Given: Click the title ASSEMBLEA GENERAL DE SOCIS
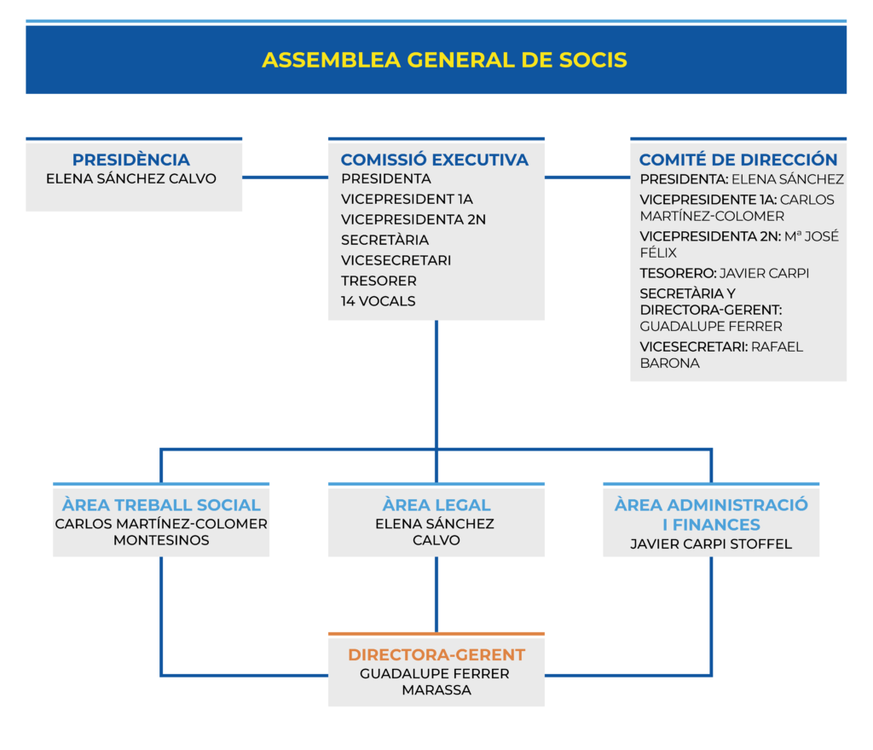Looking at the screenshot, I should (x=444, y=60).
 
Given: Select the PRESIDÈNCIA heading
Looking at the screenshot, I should (x=131, y=160).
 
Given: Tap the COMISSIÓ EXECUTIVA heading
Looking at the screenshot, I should (x=435, y=160).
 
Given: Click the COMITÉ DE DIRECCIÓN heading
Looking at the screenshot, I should (x=738, y=160).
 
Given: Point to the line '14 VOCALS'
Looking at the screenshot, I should (x=379, y=301).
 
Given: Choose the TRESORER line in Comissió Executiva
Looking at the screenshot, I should (x=379, y=281).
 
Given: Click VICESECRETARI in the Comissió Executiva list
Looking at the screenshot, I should (x=396, y=260).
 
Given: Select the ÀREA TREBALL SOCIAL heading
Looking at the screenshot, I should (x=161, y=504).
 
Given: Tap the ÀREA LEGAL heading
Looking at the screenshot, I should (x=436, y=504).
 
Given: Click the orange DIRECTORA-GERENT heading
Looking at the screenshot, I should (x=436, y=654).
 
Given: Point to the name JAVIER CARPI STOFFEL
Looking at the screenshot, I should (x=711, y=544).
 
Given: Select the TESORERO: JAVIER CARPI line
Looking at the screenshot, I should (x=724, y=273).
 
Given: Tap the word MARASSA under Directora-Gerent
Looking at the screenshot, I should (x=436, y=690).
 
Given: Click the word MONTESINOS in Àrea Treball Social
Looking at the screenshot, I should (x=161, y=540).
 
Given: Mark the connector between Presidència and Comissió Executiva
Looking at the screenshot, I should (x=285, y=177).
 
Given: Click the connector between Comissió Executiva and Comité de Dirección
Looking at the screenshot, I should (x=587, y=177).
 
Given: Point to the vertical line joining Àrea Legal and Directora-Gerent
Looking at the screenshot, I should (x=436, y=595).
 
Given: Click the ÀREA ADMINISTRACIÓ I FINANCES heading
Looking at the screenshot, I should (x=711, y=514).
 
